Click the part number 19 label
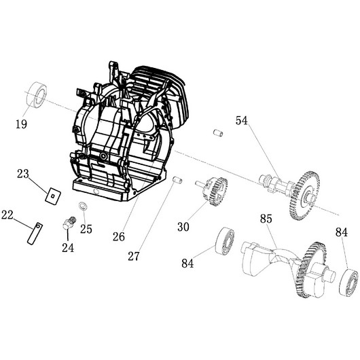[20, 124]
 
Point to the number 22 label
[8, 215]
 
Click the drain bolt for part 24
[69, 222]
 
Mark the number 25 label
[86, 229]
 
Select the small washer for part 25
[83, 205]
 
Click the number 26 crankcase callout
[119, 237]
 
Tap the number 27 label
[134, 256]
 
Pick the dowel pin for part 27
[177, 179]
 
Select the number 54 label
[242, 121]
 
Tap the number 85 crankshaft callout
[266, 219]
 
